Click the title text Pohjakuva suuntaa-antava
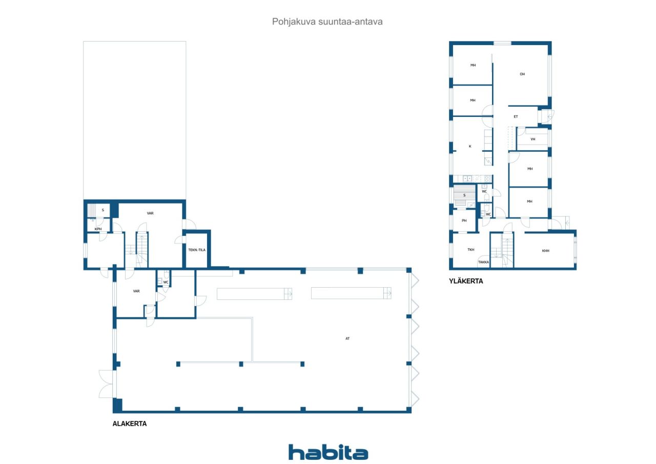(x=327, y=22)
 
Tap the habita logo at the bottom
(x=328, y=452)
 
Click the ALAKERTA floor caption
(x=130, y=423)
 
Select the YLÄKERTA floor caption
(x=466, y=281)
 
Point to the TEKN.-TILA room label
(x=197, y=250)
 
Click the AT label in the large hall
(x=347, y=338)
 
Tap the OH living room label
(x=522, y=74)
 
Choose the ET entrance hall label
(x=516, y=116)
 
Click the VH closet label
(x=532, y=139)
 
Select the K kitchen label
(x=470, y=146)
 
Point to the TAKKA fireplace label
(x=483, y=262)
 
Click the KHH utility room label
(x=546, y=251)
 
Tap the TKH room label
(x=470, y=250)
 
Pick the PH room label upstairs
(x=464, y=220)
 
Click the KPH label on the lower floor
(x=98, y=229)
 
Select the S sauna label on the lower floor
(x=103, y=210)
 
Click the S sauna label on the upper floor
(x=464, y=195)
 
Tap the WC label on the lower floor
(x=166, y=283)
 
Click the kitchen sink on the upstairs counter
(x=467, y=178)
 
